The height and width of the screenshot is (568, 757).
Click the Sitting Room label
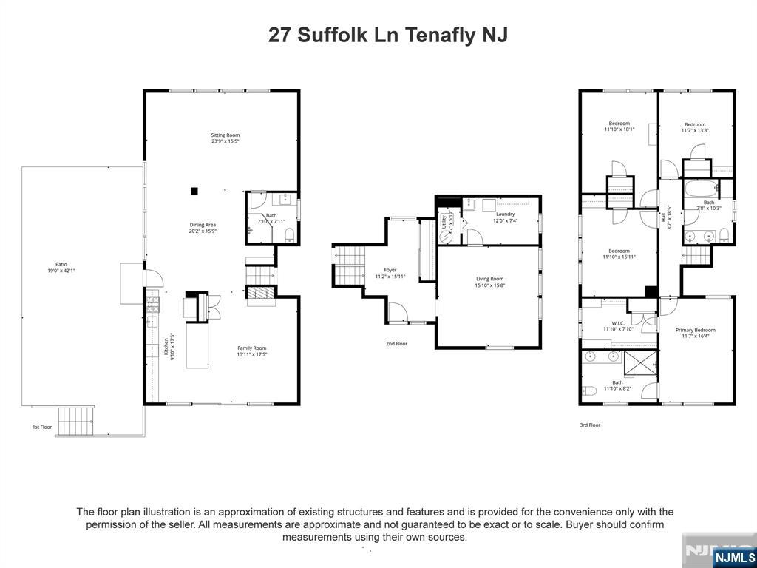[x=225, y=135]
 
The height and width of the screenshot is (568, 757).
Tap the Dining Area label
[x=201, y=224]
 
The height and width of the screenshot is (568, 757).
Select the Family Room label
[x=251, y=348]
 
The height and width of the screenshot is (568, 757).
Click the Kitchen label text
[x=167, y=346]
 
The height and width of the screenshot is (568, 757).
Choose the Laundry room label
[x=505, y=214]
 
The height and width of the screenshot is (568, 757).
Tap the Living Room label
[x=489, y=279]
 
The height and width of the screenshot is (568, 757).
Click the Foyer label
[x=390, y=270]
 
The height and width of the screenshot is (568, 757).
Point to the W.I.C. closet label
[x=618, y=322]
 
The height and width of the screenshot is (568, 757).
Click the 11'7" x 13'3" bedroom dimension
[x=695, y=131]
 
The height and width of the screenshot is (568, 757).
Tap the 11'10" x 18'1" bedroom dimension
[x=619, y=129]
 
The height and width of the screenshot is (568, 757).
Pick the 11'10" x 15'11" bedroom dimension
[x=619, y=257]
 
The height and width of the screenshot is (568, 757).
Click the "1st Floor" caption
[x=41, y=427]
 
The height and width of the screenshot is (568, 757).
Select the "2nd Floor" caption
[x=396, y=343]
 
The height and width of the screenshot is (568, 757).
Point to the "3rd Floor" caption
[x=590, y=425]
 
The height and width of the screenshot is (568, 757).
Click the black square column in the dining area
[x=194, y=191]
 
